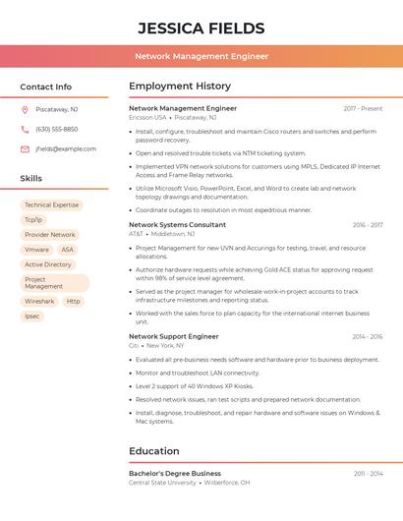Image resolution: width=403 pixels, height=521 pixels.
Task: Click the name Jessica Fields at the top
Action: click(201, 28)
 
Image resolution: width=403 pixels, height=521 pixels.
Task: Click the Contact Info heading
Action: click(46, 87)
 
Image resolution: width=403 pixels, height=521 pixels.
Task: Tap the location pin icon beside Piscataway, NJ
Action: click(25, 109)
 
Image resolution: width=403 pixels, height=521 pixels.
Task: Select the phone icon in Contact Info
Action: click(25, 129)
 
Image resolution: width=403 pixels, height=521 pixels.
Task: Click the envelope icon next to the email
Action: click(25, 149)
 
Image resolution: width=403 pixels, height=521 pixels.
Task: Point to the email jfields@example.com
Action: click(66, 149)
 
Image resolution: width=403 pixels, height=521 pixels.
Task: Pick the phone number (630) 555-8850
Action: click(56, 129)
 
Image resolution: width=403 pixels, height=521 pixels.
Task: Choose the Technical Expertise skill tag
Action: click(51, 205)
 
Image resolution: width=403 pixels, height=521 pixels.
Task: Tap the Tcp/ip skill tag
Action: click(33, 220)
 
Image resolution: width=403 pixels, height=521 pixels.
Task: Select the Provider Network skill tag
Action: click(50, 235)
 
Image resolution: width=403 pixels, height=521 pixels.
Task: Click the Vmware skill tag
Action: click(36, 250)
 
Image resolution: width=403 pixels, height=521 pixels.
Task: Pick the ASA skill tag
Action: click(68, 250)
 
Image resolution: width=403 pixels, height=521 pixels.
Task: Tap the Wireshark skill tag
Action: click(40, 301)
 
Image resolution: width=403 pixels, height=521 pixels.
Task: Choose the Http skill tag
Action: click(74, 301)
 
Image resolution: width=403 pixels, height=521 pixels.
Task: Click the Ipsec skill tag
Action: click(32, 316)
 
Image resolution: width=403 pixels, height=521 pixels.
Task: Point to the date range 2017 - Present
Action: click(363, 108)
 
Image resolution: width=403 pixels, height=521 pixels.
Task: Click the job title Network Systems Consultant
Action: click(177, 225)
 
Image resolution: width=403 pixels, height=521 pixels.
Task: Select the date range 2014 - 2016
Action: click(367, 336)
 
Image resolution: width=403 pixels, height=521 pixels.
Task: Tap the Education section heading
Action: click(154, 451)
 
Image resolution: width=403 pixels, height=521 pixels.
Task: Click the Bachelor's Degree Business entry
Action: click(175, 473)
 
